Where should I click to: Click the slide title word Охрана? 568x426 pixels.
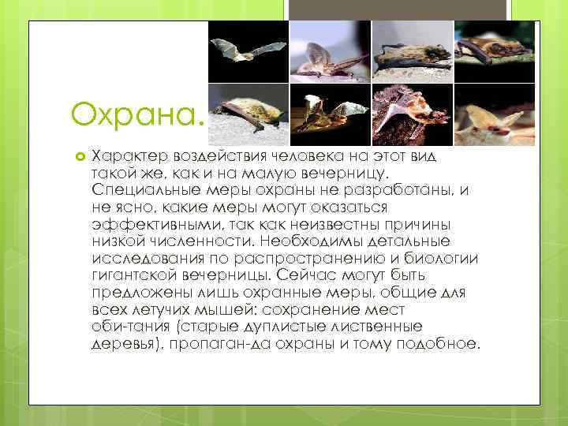tap(136, 115)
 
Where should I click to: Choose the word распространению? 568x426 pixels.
tap(300, 257)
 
